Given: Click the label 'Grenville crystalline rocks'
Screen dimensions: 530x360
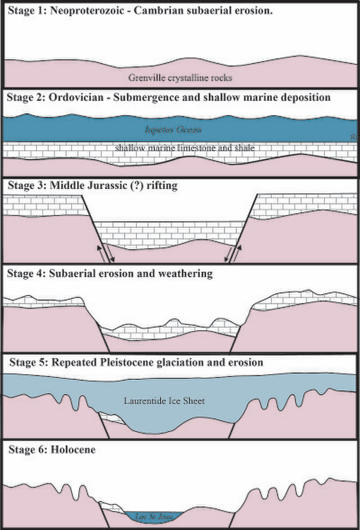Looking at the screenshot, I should click(180, 77).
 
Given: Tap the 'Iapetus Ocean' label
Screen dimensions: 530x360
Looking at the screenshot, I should click(173, 130).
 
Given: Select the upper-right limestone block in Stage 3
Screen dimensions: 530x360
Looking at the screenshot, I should click(306, 205).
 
